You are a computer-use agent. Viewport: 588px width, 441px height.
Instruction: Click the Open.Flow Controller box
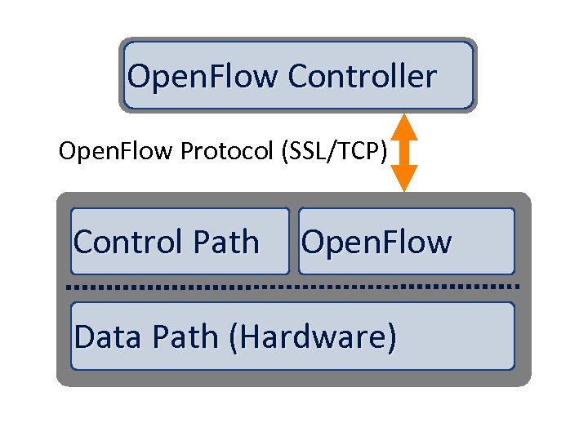pos(298,75)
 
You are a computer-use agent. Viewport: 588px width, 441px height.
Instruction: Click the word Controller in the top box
pos(362,77)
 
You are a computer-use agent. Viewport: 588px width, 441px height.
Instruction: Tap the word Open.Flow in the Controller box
pos(203,77)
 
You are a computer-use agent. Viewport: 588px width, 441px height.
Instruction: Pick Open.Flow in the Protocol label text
pos(117,152)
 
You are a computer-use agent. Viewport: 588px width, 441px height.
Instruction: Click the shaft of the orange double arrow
pos(403,153)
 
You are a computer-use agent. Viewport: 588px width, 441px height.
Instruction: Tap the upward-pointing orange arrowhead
pos(403,127)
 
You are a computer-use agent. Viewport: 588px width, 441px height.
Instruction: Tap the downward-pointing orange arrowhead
pos(403,180)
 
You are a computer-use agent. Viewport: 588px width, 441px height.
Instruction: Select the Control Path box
pos(180,241)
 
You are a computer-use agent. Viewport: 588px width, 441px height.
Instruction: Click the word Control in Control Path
pos(127,243)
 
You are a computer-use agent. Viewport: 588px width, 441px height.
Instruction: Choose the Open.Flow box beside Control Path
pos(407,241)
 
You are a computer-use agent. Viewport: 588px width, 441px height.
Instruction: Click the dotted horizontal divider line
pos(292,287)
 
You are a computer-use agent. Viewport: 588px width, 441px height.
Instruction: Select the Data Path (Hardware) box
pos(292,336)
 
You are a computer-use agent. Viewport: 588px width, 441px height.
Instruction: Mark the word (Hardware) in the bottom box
pos(314,336)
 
